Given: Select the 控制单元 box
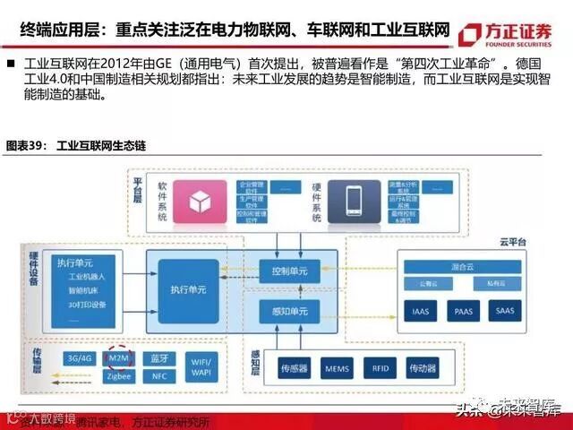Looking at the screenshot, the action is tap(289, 269).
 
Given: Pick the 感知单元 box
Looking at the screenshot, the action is tap(289, 311).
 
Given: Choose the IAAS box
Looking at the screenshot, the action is tap(421, 311).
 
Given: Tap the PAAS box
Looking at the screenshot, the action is tap(463, 311).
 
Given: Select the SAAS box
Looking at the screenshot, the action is tap(505, 311).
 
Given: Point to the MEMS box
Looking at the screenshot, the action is tap(338, 367).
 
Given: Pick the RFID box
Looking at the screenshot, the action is tap(379, 367).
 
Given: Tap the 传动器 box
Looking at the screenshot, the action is tap(421, 367).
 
